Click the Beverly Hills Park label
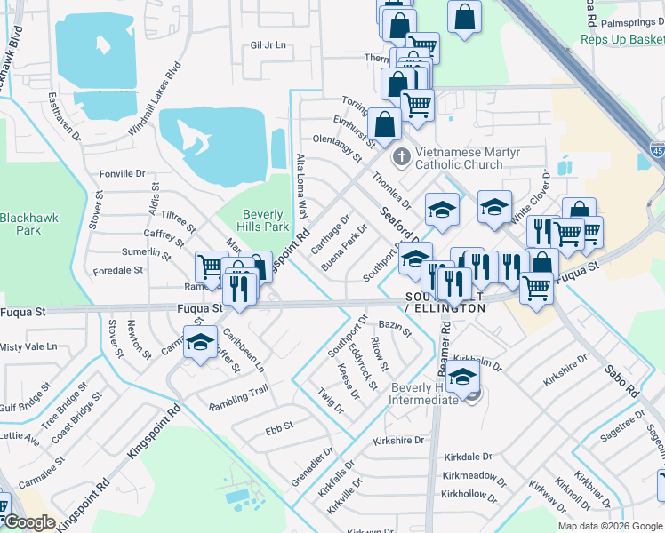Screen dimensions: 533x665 pos(263,220)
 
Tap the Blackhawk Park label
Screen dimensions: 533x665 pos(20,224)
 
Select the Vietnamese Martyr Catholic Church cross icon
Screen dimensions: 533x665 pos(401,157)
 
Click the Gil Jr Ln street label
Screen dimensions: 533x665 pos(268,44)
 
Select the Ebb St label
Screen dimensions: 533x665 pos(278,427)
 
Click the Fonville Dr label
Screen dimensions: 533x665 pos(122,173)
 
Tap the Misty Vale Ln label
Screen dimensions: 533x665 pos(28,346)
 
